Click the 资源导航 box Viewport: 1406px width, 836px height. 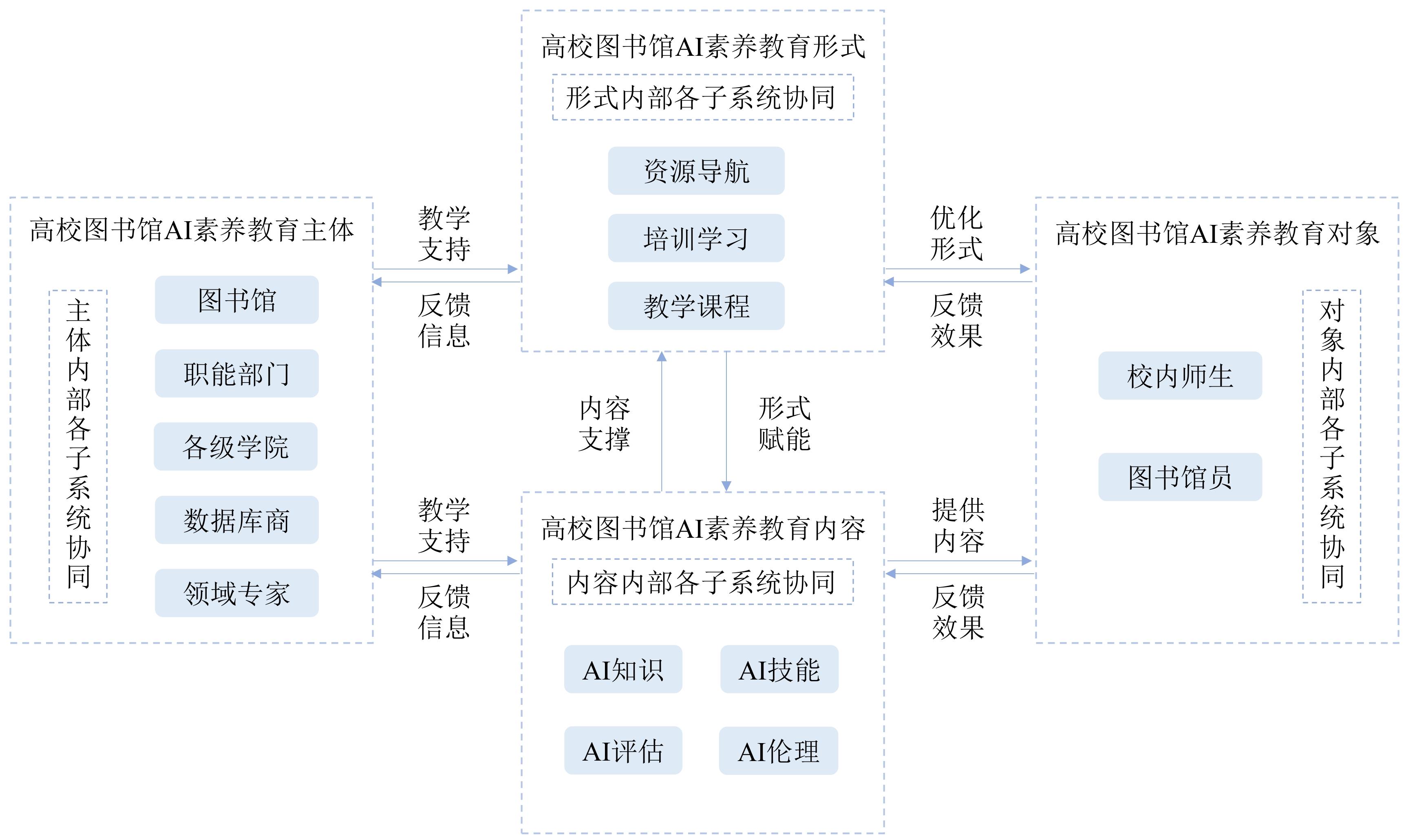point(696,171)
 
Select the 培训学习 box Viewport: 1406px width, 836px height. point(696,238)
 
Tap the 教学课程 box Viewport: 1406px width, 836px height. point(696,306)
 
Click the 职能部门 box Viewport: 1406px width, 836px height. point(237,374)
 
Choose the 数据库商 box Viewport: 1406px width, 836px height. point(237,520)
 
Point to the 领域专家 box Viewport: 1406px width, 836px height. point(237,593)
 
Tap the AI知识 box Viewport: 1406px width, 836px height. point(623,669)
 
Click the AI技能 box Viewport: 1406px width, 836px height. point(779,669)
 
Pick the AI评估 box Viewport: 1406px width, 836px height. point(623,750)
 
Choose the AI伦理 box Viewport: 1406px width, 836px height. point(778,751)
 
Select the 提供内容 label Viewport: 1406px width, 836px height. point(958,525)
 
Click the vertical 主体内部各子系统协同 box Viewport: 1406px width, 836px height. point(78,446)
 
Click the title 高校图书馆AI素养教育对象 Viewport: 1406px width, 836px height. point(1217,233)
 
